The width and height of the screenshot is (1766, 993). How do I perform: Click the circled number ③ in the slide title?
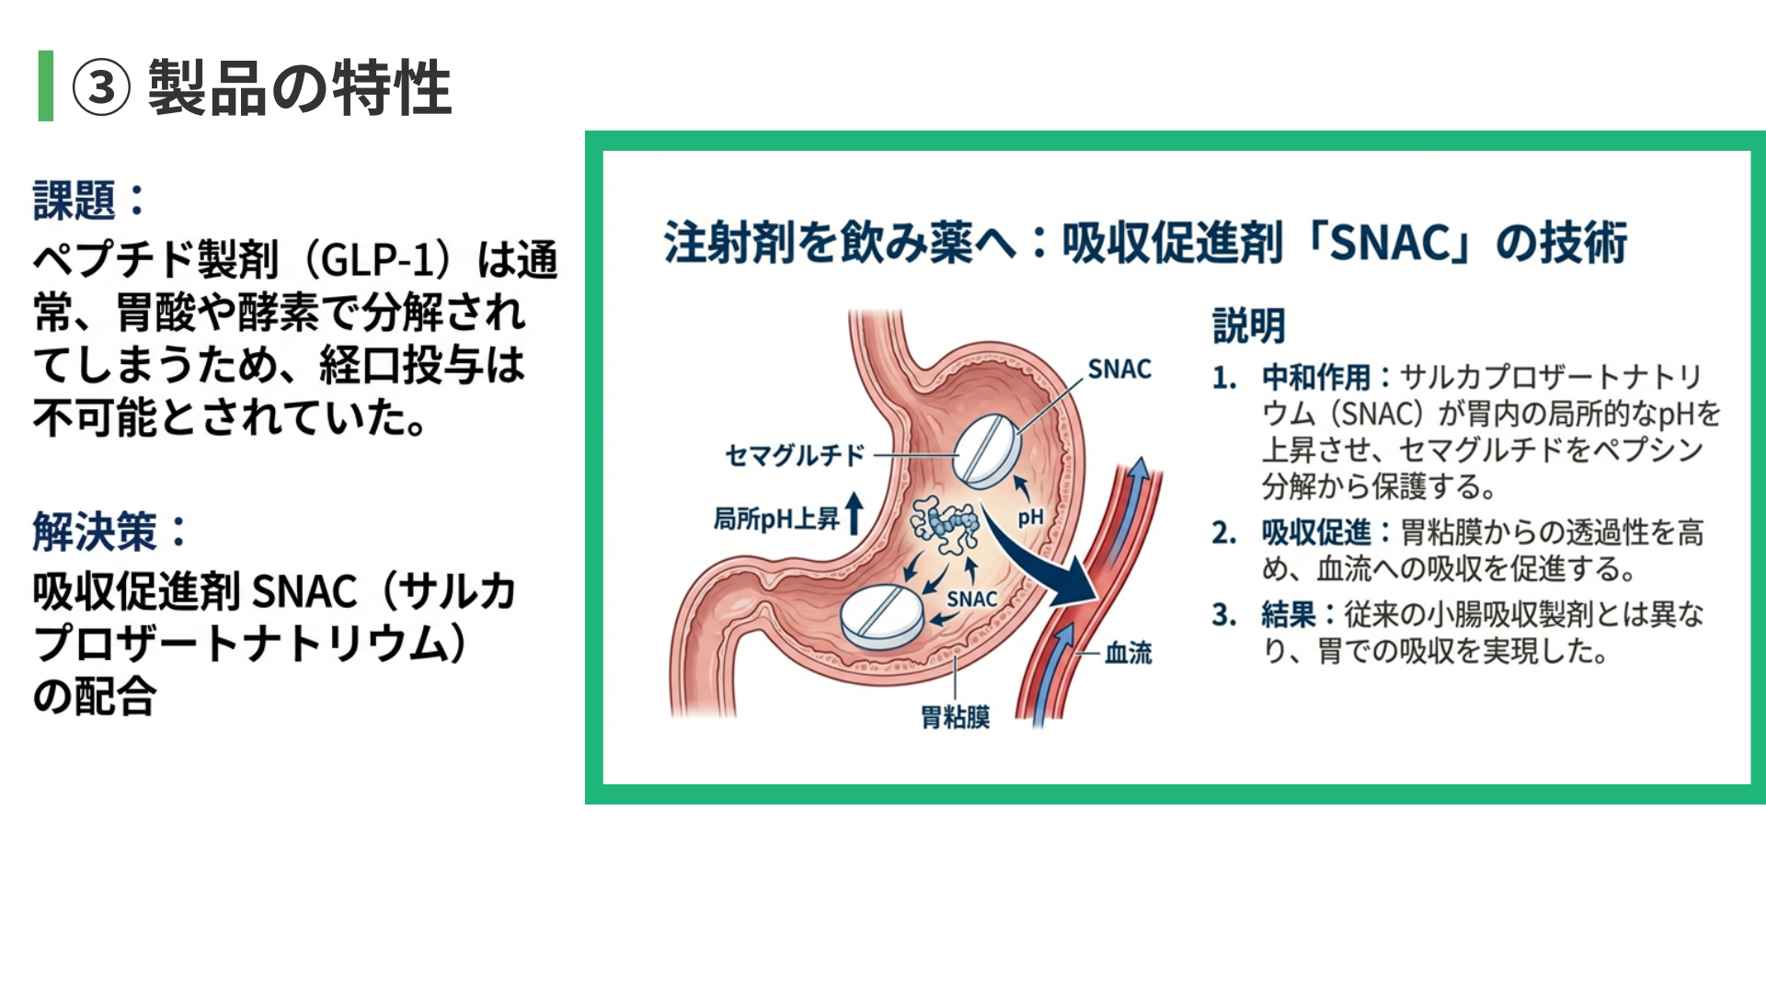click(x=101, y=88)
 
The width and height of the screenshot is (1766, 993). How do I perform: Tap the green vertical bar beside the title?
click(x=45, y=86)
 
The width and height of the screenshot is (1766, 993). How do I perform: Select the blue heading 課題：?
click(x=88, y=200)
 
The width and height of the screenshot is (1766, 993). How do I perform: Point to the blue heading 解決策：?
click(x=109, y=532)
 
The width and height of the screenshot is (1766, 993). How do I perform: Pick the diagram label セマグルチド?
click(x=795, y=455)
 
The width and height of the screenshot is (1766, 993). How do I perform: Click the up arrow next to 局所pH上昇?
click(x=854, y=513)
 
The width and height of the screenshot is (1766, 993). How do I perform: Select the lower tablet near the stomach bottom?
click(x=882, y=616)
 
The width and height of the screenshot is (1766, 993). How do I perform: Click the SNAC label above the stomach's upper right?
click(x=1118, y=370)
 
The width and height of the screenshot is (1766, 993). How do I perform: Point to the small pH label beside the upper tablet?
click(x=1030, y=517)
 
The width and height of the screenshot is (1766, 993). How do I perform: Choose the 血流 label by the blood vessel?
click(x=1128, y=653)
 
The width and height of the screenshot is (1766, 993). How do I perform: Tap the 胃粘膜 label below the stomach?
click(x=956, y=717)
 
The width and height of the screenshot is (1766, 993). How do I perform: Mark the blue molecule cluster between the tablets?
click(x=945, y=526)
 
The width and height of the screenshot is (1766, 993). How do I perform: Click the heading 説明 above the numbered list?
click(x=1248, y=326)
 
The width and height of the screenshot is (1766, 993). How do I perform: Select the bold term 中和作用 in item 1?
click(x=1316, y=377)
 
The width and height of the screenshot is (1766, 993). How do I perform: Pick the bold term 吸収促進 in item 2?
click(x=1316, y=532)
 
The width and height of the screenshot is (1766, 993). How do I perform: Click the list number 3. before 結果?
click(x=1224, y=614)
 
